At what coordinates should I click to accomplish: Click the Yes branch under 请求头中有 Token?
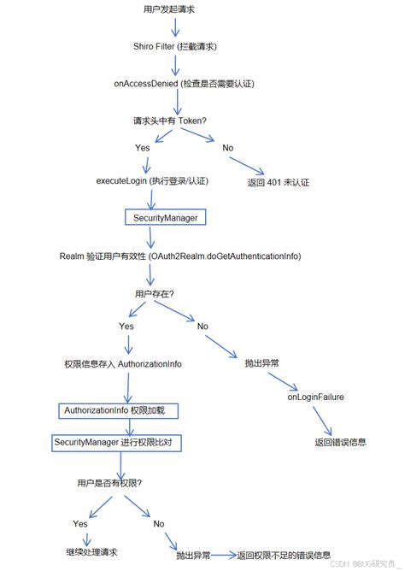coord(143,148)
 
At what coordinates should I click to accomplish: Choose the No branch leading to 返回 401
coord(228,148)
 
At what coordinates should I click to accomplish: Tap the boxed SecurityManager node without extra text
coord(166,218)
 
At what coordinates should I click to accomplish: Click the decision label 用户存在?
coord(154,294)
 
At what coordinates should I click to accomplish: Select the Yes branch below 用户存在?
coord(126,326)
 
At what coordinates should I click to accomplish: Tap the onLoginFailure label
coord(316,397)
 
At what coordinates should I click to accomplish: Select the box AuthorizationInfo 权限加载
coord(120,411)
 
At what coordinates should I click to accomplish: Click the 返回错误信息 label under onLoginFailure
coord(341,442)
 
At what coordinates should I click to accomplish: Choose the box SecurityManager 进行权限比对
coord(117,442)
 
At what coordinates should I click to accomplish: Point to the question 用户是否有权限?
coord(109,483)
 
